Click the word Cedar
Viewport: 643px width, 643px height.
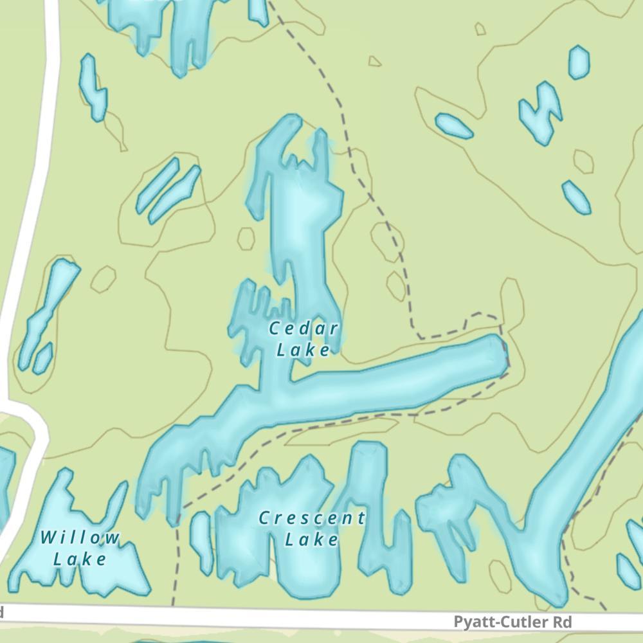pos(303,329)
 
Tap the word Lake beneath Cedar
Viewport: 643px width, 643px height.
pos(303,350)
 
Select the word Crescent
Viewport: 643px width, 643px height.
pos(312,518)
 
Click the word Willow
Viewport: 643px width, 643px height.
pos(80,538)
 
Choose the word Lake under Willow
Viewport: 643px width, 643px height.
pos(80,559)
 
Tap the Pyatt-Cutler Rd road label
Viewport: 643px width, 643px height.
pos(512,622)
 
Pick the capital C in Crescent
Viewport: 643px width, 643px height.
pos(264,518)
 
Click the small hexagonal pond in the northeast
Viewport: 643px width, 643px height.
pos(579,62)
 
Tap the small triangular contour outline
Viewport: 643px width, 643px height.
pos(374,62)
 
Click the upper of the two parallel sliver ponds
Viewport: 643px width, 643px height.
pos(157,186)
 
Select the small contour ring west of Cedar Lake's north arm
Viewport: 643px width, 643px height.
pos(246,239)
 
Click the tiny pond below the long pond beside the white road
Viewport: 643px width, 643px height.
pos(42,358)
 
